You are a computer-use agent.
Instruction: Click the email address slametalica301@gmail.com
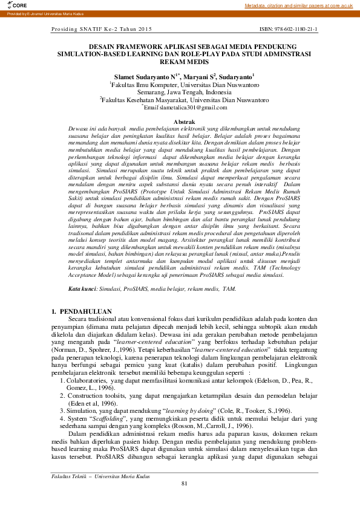187,107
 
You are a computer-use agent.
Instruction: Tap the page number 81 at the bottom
184,499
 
